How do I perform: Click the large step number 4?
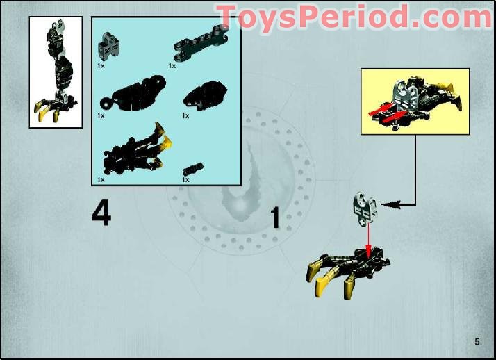(x=101, y=214)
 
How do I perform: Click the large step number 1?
(x=275, y=218)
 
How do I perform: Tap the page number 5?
(x=477, y=342)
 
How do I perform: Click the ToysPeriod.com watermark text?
(x=354, y=15)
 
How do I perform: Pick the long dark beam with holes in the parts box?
(x=201, y=43)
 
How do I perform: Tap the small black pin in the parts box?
(x=193, y=169)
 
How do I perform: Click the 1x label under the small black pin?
(x=185, y=180)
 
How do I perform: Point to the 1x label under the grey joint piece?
(x=101, y=66)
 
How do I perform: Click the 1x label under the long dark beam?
(x=172, y=66)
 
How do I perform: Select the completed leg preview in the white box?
(x=56, y=72)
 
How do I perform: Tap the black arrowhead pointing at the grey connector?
(x=388, y=205)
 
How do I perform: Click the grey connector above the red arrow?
(x=365, y=207)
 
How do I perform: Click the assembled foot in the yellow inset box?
(x=415, y=102)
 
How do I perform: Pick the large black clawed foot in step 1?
(x=348, y=272)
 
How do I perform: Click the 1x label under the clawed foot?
(x=101, y=180)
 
